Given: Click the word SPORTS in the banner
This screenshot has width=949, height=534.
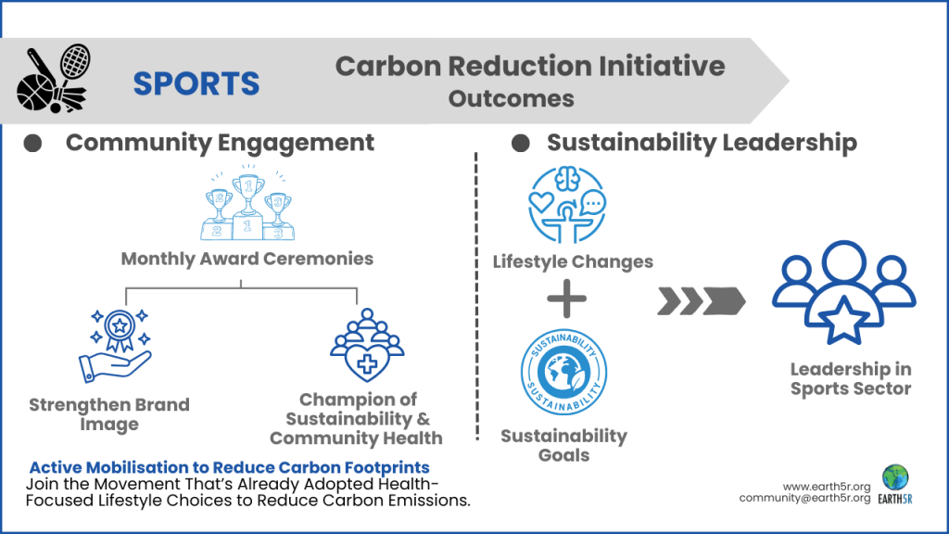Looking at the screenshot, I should tap(196, 83).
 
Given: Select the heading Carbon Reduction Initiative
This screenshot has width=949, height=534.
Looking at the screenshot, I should tap(529, 66).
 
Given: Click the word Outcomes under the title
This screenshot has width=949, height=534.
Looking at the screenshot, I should tap(511, 98).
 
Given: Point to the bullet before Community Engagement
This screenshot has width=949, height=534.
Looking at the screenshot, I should tap(32, 143).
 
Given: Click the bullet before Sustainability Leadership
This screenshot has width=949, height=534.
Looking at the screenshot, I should tap(520, 143).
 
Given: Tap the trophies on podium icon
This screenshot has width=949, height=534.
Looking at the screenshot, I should tap(247, 203).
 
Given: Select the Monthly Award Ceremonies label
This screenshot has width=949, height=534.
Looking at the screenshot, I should tap(247, 258).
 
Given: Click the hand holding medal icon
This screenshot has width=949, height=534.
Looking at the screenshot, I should tap(116, 345).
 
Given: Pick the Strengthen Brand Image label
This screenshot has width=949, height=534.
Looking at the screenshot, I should tap(108, 414).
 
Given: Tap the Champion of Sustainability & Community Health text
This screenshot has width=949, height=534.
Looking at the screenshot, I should tap(356, 418).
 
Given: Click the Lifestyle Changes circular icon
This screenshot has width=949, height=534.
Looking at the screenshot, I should tap(565, 205).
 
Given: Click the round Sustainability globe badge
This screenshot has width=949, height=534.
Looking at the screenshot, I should tap(564, 373).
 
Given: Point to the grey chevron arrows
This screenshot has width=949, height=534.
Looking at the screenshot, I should tap(702, 300).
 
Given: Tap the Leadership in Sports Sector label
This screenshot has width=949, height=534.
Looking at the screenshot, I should tap(851, 379).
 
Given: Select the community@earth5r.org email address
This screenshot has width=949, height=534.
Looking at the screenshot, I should tap(804, 498).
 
